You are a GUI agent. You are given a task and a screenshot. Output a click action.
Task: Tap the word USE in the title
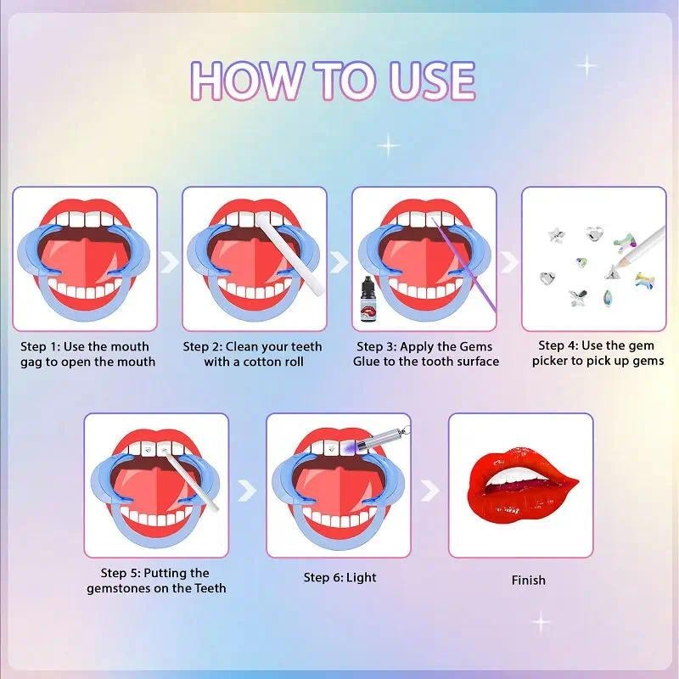coord(432,80)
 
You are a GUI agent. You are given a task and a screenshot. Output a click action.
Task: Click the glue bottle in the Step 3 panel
coord(369,300)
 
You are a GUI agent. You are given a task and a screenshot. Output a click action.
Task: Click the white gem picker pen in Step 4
coord(641,244)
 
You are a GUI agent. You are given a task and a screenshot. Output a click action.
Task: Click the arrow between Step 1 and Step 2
coord(169,261)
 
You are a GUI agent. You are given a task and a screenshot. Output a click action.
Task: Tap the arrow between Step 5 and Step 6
coord(247,490)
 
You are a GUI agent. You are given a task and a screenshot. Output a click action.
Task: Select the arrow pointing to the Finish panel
coord(429,491)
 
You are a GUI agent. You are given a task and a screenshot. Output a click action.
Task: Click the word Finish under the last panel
coord(528,580)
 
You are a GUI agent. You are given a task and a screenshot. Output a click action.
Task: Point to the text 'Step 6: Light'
coord(340,577)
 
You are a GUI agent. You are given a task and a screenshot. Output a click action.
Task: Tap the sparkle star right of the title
coord(587,66)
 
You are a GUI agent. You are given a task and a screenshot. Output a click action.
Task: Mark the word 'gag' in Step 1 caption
coord(31,362)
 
